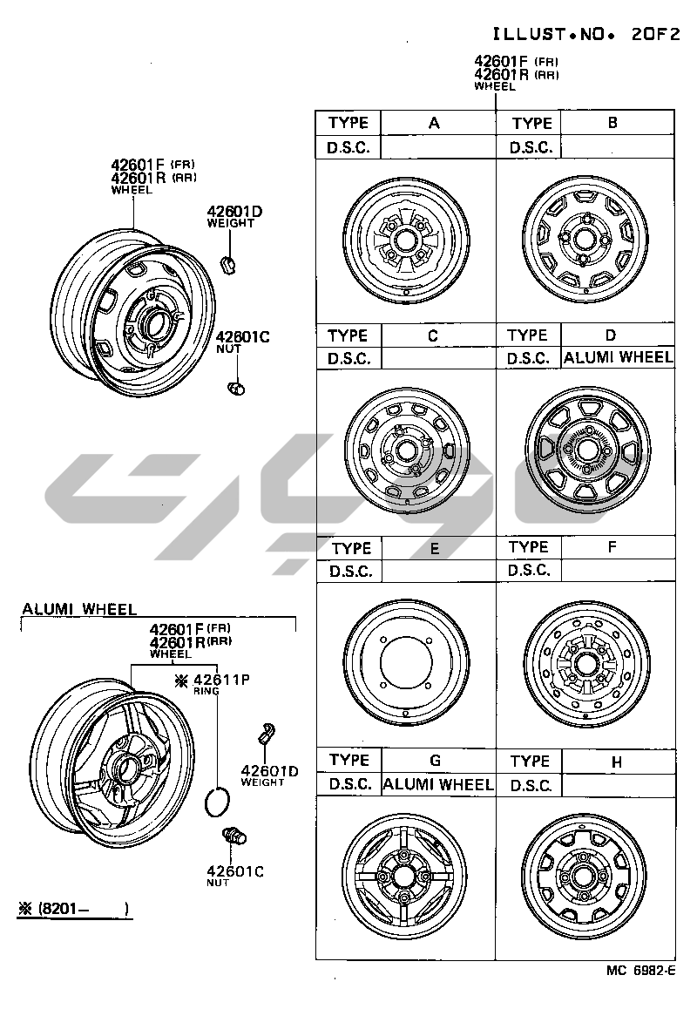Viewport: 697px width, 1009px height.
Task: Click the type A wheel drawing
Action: [406, 240]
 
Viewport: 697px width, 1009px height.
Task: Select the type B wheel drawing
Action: [585, 238]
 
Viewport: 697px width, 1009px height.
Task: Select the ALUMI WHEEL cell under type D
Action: [618, 357]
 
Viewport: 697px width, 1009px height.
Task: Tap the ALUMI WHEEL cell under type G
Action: [438, 784]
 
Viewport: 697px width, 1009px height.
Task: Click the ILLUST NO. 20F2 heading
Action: [585, 34]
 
